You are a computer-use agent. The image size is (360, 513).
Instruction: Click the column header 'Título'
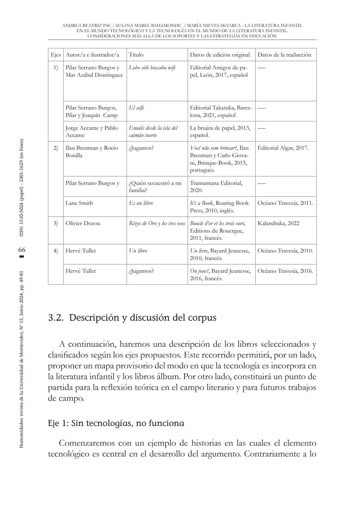click(136, 55)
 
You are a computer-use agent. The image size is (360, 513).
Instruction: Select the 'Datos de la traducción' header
click(284, 55)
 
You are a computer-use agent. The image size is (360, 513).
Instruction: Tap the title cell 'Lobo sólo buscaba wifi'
click(152, 67)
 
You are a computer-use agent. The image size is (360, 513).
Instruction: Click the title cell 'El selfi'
click(136, 108)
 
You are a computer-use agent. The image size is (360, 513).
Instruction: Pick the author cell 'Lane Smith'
click(79, 203)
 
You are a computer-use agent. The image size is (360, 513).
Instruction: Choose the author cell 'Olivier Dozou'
click(83, 223)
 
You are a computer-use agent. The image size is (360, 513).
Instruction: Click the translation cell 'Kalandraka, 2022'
click(278, 223)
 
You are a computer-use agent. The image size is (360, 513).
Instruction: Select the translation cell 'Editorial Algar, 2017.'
click(283, 148)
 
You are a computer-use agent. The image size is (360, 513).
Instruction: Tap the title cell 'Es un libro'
click(141, 203)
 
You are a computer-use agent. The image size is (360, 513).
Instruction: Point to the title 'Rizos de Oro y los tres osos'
click(157, 223)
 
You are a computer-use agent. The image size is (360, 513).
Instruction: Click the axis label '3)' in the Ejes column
click(56, 223)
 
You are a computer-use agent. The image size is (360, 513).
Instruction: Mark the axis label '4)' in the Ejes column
click(56, 251)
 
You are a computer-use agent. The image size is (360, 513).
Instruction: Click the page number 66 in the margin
click(22, 250)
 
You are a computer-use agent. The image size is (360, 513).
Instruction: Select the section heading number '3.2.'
click(56, 317)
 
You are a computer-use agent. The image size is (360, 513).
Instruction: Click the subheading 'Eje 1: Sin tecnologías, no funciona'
click(116, 423)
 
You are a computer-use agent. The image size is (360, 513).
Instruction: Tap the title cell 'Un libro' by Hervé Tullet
click(138, 251)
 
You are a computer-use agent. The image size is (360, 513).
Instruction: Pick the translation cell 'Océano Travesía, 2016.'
click(285, 271)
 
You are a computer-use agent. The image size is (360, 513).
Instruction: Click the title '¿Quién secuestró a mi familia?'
click(155, 187)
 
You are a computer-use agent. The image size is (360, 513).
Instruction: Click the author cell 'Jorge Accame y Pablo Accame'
click(91, 132)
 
